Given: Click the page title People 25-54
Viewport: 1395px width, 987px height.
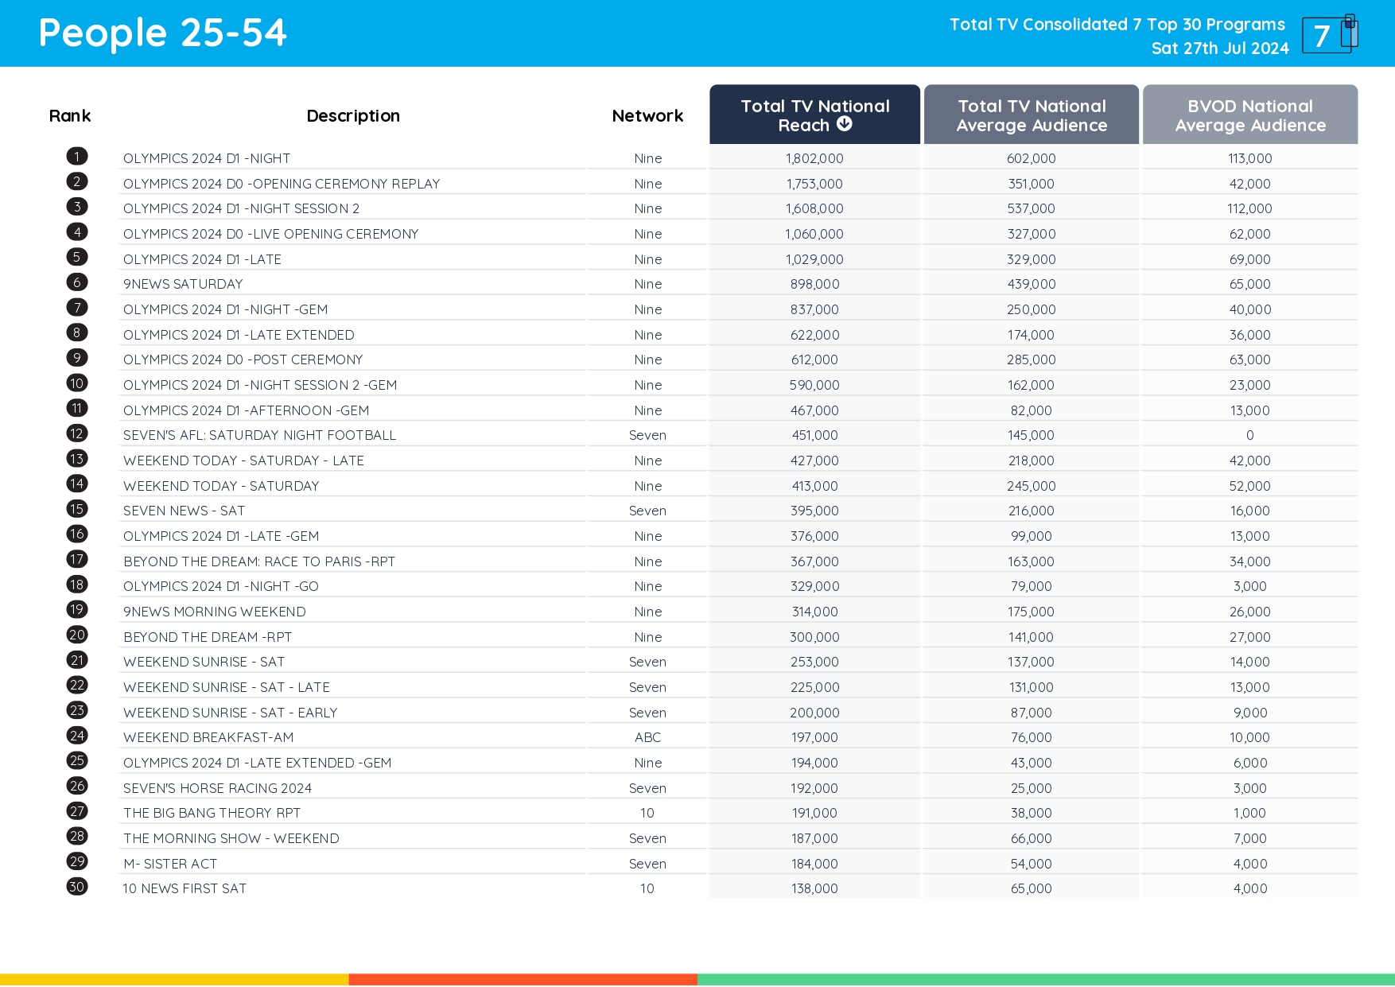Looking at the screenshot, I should click(x=162, y=33).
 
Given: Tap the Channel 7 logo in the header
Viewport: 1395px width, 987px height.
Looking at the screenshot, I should click(x=1329, y=34).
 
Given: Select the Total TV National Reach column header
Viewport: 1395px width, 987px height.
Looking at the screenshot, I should click(x=814, y=115).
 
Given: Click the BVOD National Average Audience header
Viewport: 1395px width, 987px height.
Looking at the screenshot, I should click(x=1249, y=115).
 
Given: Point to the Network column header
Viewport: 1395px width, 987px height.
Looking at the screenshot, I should click(x=647, y=116).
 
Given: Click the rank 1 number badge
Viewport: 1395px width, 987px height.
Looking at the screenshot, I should click(x=77, y=157).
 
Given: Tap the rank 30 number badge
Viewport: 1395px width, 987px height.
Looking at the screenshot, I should click(x=77, y=887).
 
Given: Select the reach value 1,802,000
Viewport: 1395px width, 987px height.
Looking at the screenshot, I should click(x=814, y=158).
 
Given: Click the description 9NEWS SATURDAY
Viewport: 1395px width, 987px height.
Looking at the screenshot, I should click(x=183, y=284).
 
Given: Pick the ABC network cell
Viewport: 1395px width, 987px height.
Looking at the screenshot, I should click(x=647, y=737).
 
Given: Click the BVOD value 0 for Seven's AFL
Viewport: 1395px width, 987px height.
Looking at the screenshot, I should click(x=1249, y=435).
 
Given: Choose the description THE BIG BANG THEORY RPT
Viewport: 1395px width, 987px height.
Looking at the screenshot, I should click(x=212, y=813).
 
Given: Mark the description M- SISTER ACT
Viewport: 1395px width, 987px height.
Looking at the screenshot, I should click(x=170, y=864).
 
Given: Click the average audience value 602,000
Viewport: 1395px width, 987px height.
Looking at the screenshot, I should click(x=1031, y=158).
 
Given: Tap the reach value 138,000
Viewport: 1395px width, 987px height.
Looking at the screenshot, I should click(x=814, y=888).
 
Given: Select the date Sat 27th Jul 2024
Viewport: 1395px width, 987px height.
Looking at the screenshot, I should click(x=1219, y=49).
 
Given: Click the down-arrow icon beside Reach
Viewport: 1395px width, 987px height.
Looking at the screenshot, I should click(x=845, y=124).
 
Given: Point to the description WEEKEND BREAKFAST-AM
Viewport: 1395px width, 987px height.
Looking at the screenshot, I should click(x=208, y=737).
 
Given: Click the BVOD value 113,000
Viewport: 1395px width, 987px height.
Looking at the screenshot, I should click(x=1249, y=158).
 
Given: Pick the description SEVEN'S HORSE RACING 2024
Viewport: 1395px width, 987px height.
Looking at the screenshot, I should click(x=217, y=788).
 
